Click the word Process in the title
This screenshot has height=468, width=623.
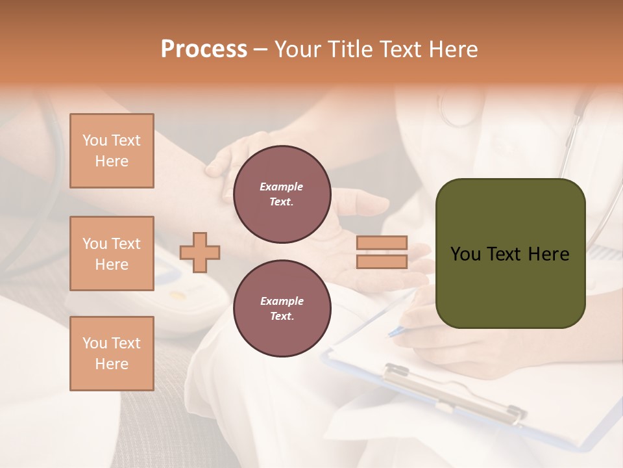(x=204, y=49)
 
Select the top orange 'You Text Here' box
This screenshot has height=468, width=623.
(x=112, y=151)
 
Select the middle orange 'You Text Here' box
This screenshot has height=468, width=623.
(x=112, y=253)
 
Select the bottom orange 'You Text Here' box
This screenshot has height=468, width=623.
(x=112, y=354)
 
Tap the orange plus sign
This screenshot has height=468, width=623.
(x=200, y=252)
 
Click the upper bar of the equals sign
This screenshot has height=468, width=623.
(x=382, y=243)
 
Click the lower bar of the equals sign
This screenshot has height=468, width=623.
(x=382, y=262)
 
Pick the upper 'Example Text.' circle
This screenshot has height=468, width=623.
(x=282, y=194)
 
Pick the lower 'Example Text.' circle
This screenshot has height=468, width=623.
(x=282, y=309)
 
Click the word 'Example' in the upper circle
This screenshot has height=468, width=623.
(x=282, y=187)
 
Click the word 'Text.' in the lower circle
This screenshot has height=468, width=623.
(x=282, y=316)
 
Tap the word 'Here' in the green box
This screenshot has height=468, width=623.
(x=548, y=254)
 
